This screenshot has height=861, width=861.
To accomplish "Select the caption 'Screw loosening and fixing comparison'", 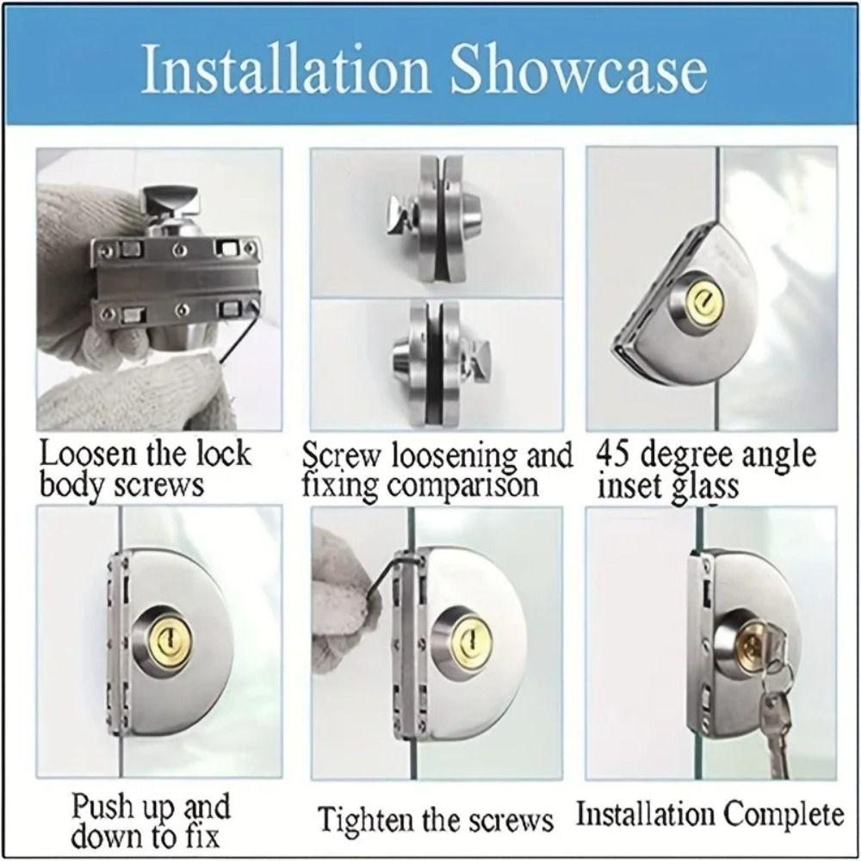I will coord(437,470).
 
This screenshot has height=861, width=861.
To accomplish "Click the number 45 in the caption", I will coord(614,455).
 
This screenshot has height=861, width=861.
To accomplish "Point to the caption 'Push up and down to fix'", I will coord(151,821).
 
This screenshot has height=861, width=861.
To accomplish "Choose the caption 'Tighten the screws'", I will coord(436,818).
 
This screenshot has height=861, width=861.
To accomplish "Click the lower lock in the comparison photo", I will coord(436,362).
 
